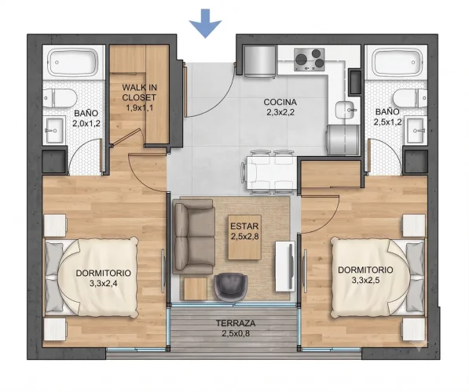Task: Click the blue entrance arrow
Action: pos(205,24)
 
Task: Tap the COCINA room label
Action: pos(280,102)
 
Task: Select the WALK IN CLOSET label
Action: pos(139,93)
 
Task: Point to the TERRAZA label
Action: pos(236,323)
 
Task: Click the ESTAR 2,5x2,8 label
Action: pos(244,231)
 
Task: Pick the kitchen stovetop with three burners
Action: pos(309,60)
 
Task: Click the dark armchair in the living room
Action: pos(231,286)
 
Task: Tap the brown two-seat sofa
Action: pos(194,237)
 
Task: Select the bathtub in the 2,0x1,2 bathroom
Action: pos(73,63)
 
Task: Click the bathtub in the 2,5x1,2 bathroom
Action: pos(396,62)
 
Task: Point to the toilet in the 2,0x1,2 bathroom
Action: pos(60,98)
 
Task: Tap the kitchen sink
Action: pos(346,110)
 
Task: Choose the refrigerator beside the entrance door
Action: pos(260,61)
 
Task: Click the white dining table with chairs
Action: pos(269,172)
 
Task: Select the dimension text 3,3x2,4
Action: pos(103,283)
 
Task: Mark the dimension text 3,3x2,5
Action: pos(365,280)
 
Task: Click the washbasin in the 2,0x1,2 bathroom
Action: pos(54,130)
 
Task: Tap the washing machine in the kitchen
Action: pos(343,140)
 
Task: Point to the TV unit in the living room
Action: pos(285,267)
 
